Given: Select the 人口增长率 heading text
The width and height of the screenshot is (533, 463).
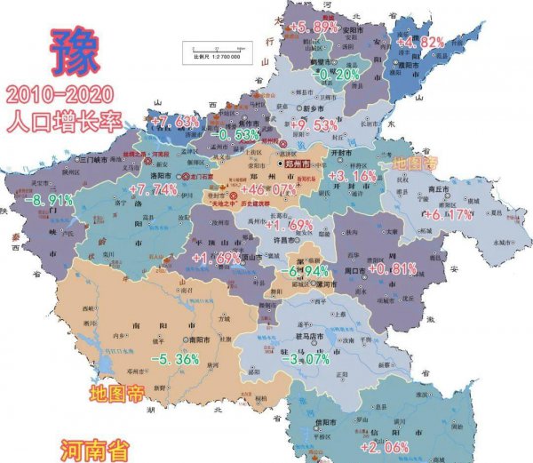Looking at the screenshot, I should pyautogui.click(x=62, y=122).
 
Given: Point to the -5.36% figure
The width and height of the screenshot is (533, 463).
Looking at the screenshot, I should pyautogui.click(x=173, y=359).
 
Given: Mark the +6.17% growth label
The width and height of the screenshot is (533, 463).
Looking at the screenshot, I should pyautogui.click(x=450, y=215).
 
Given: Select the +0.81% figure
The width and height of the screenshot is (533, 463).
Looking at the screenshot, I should pyautogui.click(x=392, y=269).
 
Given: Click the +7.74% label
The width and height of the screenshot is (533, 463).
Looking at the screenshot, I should pyautogui.click(x=154, y=190).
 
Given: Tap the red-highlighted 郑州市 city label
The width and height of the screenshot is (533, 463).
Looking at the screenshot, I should pyautogui.click(x=294, y=164).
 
